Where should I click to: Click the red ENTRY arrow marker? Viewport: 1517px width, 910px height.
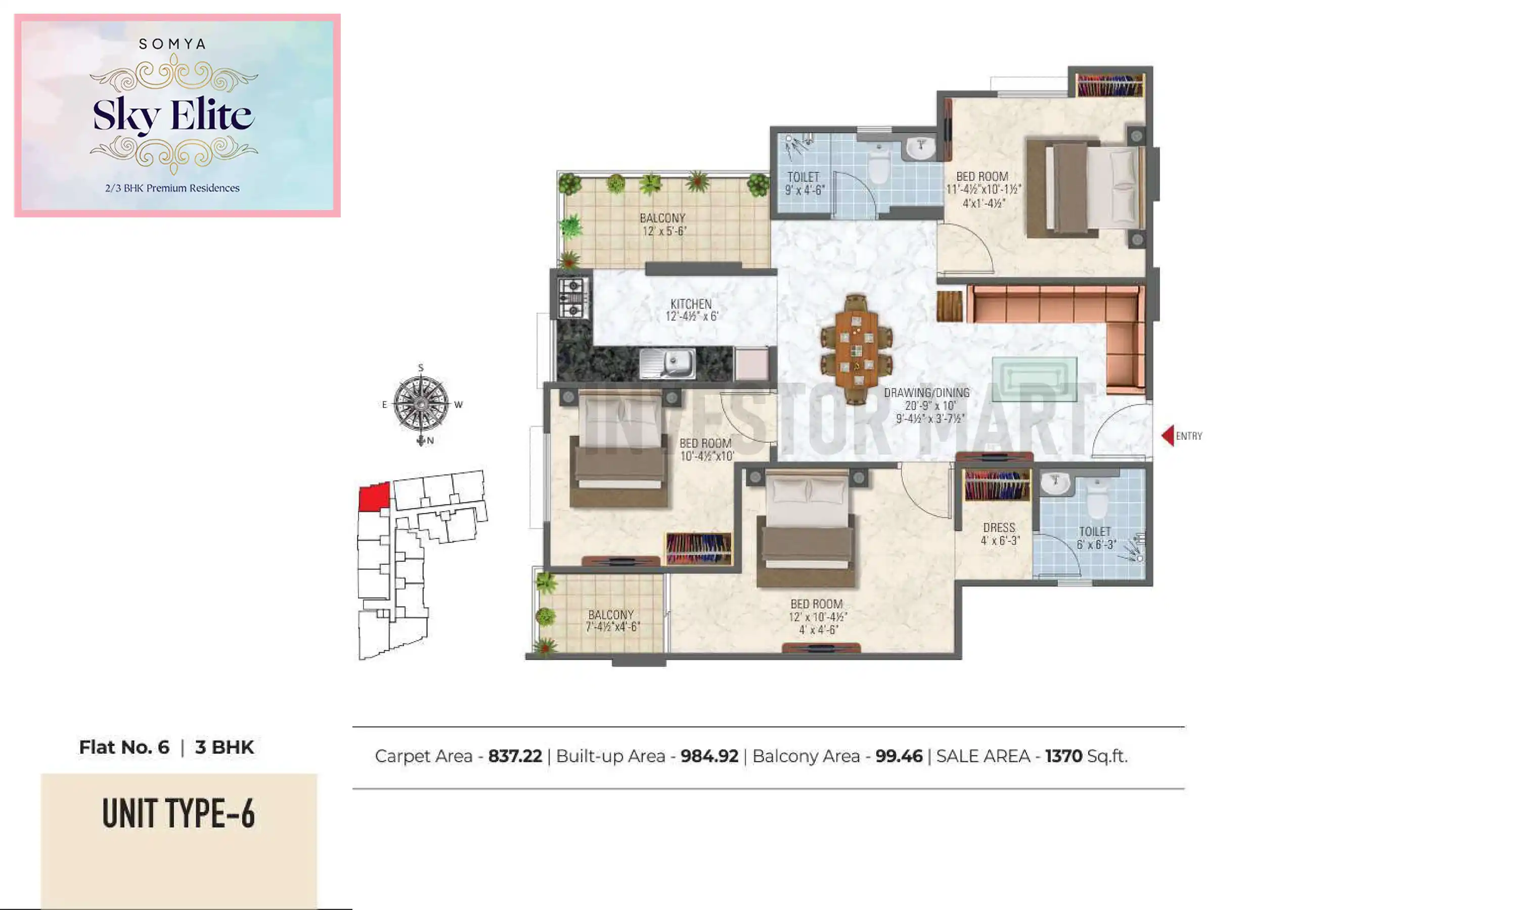tap(1168, 436)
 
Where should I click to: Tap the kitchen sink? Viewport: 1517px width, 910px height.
tap(668, 363)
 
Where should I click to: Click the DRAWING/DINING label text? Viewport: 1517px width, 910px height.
tap(926, 393)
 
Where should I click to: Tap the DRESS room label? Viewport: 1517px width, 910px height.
tap(999, 528)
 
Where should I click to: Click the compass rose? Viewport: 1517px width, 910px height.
tap(421, 404)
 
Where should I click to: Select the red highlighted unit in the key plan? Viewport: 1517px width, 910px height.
tap(373, 496)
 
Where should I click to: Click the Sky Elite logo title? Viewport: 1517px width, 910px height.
tap(173, 115)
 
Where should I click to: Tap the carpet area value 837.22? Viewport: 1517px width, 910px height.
tap(514, 756)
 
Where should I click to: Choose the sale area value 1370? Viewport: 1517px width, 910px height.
tap(1063, 756)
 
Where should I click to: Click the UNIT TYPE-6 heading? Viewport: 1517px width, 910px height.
tap(179, 814)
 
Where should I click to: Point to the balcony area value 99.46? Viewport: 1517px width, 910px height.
tap(898, 756)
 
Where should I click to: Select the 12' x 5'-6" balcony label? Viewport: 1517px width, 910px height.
tap(663, 224)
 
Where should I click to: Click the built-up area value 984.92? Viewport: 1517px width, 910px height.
tap(709, 756)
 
